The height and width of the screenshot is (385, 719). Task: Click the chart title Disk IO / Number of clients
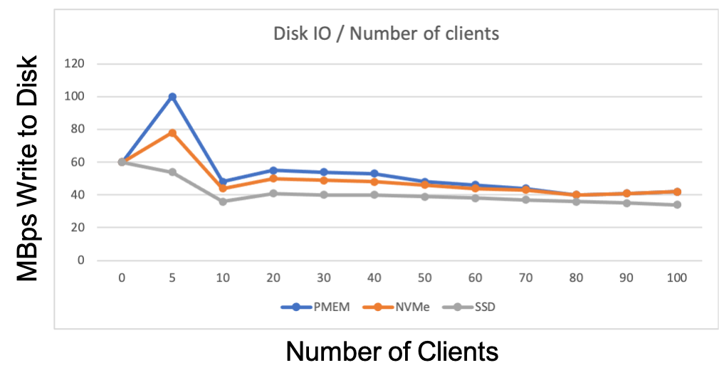(386, 33)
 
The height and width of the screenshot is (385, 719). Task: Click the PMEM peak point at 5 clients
(172, 97)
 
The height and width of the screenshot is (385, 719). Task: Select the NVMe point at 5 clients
(172, 132)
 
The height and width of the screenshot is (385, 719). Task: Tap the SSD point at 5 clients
(172, 172)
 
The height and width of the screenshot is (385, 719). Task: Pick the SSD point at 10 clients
(223, 201)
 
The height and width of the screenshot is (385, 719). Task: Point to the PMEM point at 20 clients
(273, 170)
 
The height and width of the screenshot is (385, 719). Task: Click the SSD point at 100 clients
(677, 205)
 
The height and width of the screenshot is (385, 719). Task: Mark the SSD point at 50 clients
(424, 196)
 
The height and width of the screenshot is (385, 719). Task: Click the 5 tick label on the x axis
(172, 278)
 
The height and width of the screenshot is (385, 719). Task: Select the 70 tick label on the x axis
(525, 278)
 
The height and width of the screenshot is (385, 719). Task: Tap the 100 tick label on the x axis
(677, 278)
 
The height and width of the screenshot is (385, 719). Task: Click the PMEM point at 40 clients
(374, 174)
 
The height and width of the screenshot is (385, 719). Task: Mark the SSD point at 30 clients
(324, 195)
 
